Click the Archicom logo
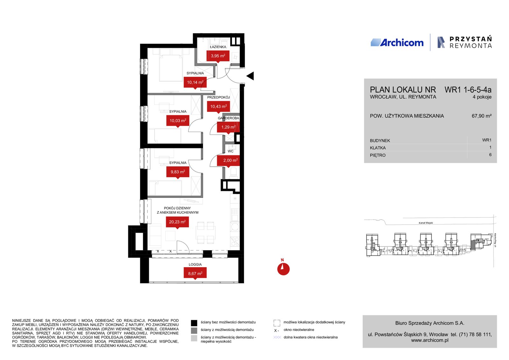[x=397, y=43]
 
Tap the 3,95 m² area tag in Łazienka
[x=218, y=56]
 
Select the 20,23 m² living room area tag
[x=177, y=222]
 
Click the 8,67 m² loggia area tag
[x=195, y=274]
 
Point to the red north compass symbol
[x=283, y=269]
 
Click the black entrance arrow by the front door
[x=250, y=76]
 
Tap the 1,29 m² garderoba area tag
[x=228, y=127]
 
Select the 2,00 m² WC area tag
[x=228, y=160]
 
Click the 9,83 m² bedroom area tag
[x=178, y=172]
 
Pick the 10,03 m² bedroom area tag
[x=178, y=121]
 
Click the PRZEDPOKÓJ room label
[x=218, y=97]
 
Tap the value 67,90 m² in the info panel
[x=482, y=116]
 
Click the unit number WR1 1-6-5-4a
[x=468, y=90]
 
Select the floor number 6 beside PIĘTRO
[x=490, y=155]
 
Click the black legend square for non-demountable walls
[x=194, y=323]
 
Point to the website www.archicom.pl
[x=429, y=340]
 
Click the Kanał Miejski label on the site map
[x=426, y=223]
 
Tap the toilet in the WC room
[x=234, y=173]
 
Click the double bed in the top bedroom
[x=171, y=65]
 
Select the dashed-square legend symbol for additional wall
[x=277, y=323]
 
